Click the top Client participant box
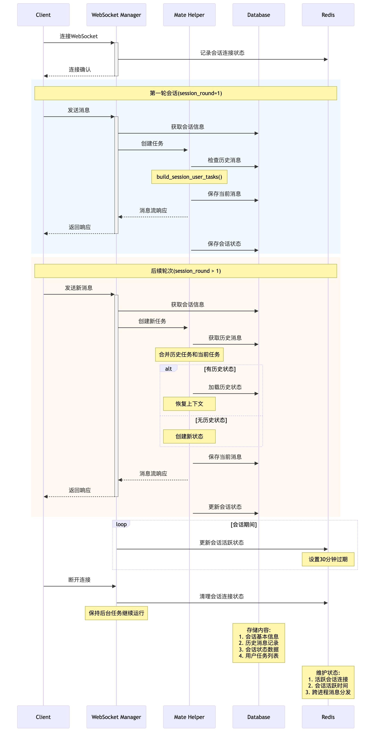(x=43, y=15)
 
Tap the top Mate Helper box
(x=189, y=15)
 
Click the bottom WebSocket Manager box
(x=116, y=717)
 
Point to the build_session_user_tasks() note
(x=189, y=177)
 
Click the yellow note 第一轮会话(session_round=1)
(x=186, y=93)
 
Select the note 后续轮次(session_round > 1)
(x=186, y=271)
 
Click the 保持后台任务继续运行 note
(x=116, y=613)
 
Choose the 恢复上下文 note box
(x=189, y=404)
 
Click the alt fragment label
(x=168, y=369)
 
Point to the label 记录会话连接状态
(x=222, y=53)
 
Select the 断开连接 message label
(x=79, y=580)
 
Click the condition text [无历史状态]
(x=211, y=420)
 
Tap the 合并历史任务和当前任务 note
(x=189, y=354)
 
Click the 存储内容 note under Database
(x=258, y=643)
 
